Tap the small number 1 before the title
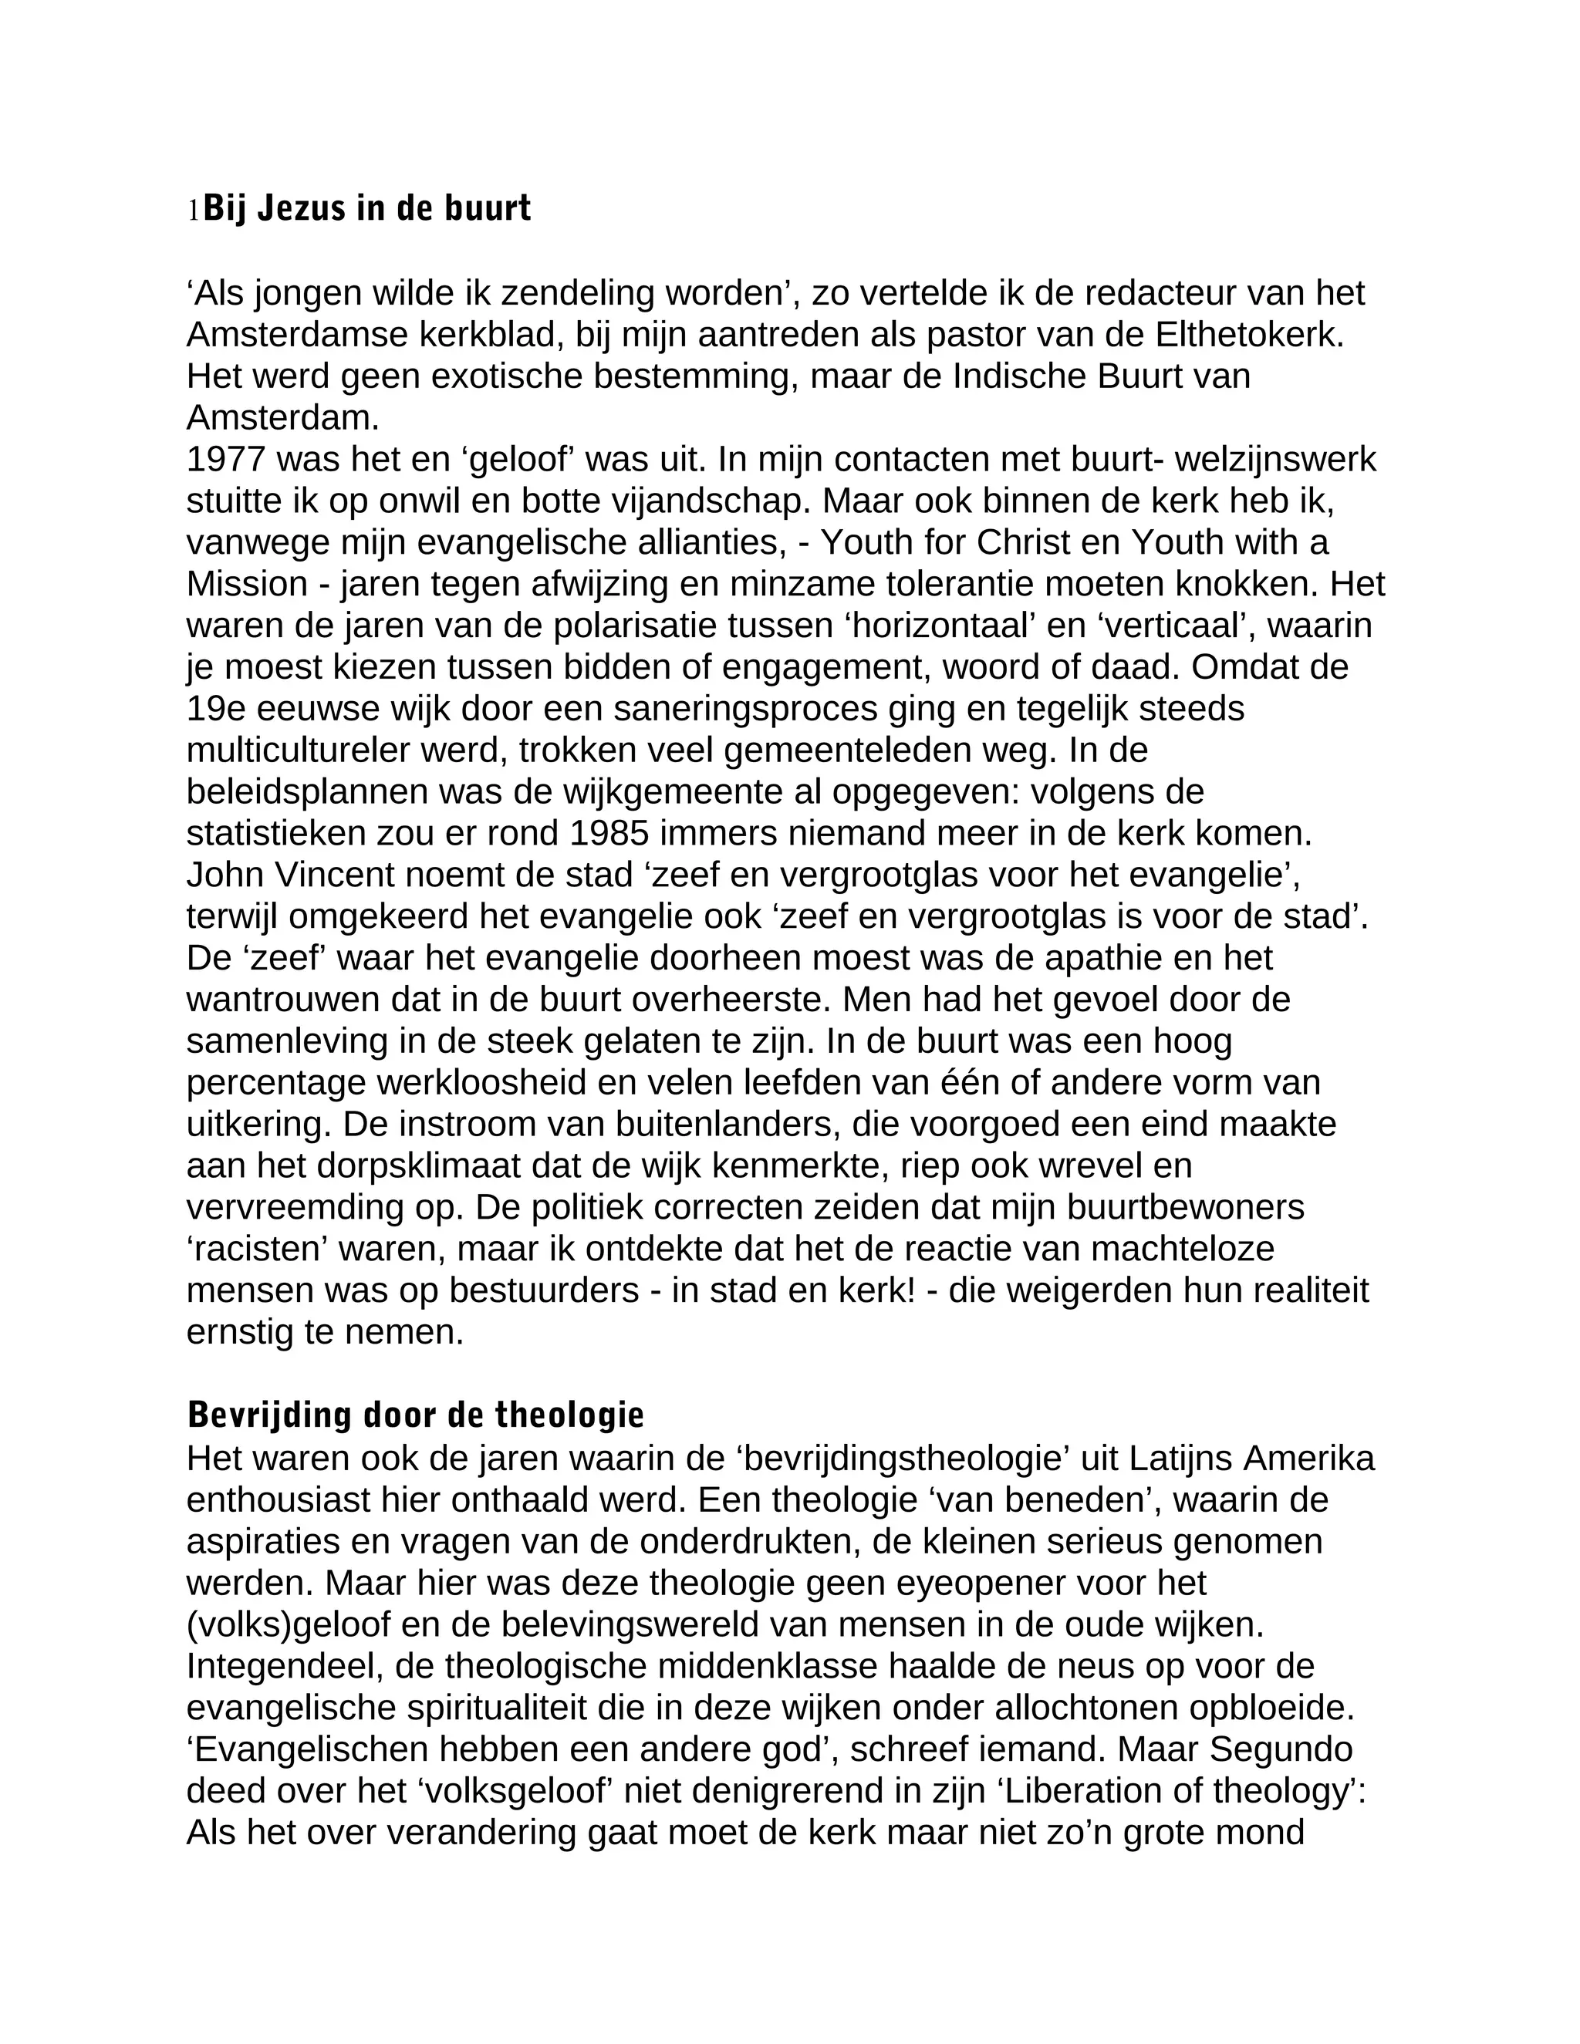(194, 211)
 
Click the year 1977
(225, 460)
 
